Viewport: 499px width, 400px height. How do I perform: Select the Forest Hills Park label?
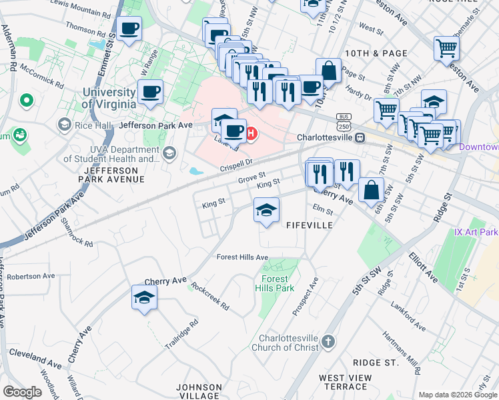coord(275,283)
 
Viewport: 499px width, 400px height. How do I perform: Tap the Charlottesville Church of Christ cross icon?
coord(328,342)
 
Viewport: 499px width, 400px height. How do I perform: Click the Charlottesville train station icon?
coord(360,138)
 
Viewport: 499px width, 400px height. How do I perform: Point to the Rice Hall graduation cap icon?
coord(65,124)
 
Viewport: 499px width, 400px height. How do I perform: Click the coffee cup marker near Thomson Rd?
coord(129,29)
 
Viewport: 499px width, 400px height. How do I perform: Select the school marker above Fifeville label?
coord(266,210)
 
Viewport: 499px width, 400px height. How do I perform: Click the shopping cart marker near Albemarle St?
coord(446,47)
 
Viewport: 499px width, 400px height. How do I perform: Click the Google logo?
coord(22,392)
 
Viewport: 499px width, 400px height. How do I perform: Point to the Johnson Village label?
coord(199,391)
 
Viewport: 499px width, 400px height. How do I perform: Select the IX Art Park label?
coord(476,232)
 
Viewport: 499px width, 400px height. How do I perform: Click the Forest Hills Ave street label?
coord(242,257)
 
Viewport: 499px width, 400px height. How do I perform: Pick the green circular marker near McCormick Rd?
coord(27,101)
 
